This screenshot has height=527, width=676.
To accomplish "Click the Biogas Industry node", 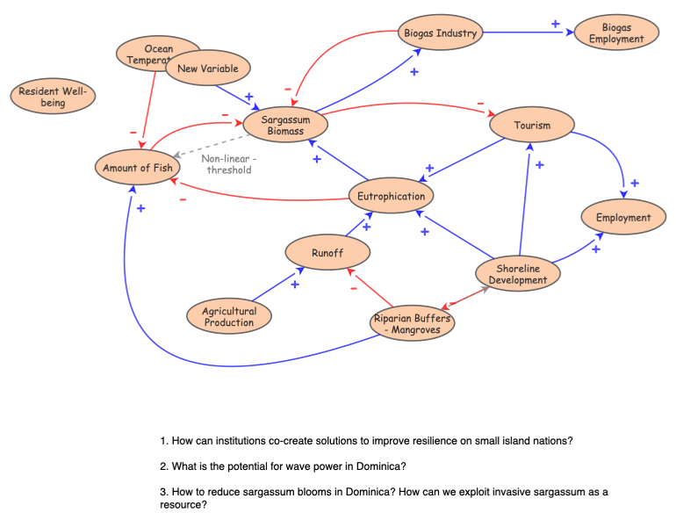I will [x=440, y=33].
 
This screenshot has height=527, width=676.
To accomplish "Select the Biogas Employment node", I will [x=616, y=33].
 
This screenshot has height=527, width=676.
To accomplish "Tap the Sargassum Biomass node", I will [x=285, y=126].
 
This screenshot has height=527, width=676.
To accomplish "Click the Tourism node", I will [x=532, y=125].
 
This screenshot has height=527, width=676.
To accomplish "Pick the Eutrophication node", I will [x=391, y=196].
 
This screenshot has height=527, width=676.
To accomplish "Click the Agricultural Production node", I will [x=229, y=316].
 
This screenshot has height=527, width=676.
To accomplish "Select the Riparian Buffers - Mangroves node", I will [x=412, y=323].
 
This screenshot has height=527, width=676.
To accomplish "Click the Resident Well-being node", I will [x=53, y=97].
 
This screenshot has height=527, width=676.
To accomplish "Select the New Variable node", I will [x=207, y=68].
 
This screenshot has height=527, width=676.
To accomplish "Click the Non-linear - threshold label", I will [x=228, y=164].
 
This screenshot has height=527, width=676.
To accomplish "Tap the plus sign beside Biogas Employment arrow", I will [x=555, y=24].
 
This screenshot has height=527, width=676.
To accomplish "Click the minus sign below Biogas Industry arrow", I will [x=287, y=89].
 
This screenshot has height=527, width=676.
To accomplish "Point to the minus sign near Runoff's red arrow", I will [x=354, y=287].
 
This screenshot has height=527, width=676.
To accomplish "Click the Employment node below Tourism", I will [x=622, y=217].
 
